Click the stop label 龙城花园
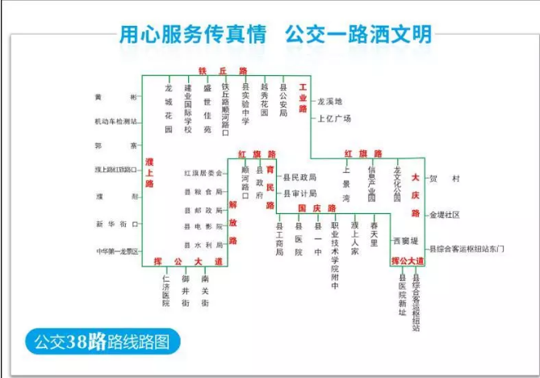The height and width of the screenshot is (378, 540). click(169, 107)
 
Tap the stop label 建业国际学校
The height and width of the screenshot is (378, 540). click(187, 107)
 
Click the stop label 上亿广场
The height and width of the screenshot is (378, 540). click(335, 118)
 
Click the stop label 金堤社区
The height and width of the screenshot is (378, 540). click(445, 215)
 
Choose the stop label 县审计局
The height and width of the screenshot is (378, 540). click(300, 194)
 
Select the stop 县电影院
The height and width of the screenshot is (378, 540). click(203, 227)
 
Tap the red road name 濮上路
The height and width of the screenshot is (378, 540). click(150, 173)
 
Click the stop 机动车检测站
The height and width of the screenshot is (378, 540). click(116, 122)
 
